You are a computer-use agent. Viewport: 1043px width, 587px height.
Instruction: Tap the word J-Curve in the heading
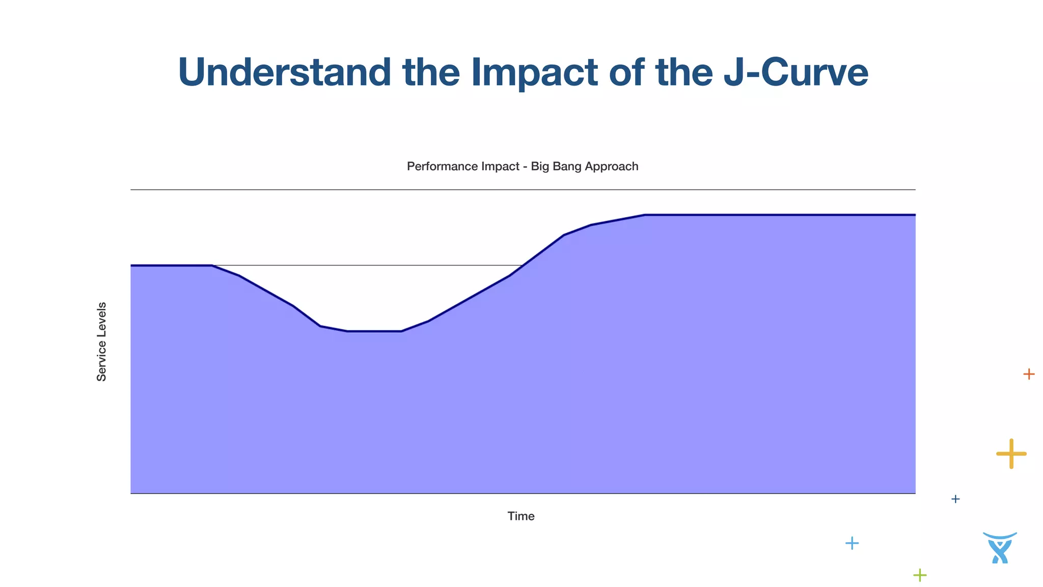click(x=795, y=72)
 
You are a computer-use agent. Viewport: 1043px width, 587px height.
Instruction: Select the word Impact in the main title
click(x=534, y=72)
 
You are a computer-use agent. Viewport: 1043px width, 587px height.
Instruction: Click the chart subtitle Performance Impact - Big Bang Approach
click(x=522, y=167)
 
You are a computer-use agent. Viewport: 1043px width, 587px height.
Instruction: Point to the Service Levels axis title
click(x=102, y=341)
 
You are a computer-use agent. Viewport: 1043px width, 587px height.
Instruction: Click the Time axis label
click(x=520, y=516)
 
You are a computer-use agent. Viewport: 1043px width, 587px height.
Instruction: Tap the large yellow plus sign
click(x=1011, y=453)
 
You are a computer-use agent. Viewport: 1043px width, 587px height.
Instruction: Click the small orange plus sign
click(x=1029, y=375)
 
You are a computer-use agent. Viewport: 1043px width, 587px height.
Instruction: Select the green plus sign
click(x=920, y=575)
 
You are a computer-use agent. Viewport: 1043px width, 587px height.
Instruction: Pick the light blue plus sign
click(x=852, y=543)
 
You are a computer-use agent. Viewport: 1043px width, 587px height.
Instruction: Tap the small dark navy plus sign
click(x=955, y=499)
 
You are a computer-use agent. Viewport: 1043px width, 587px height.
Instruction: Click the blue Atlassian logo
click(x=1000, y=548)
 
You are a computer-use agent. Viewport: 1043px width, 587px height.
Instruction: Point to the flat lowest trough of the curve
click(x=374, y=331)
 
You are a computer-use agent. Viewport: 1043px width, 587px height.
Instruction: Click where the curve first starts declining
click(x=212, y=265)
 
